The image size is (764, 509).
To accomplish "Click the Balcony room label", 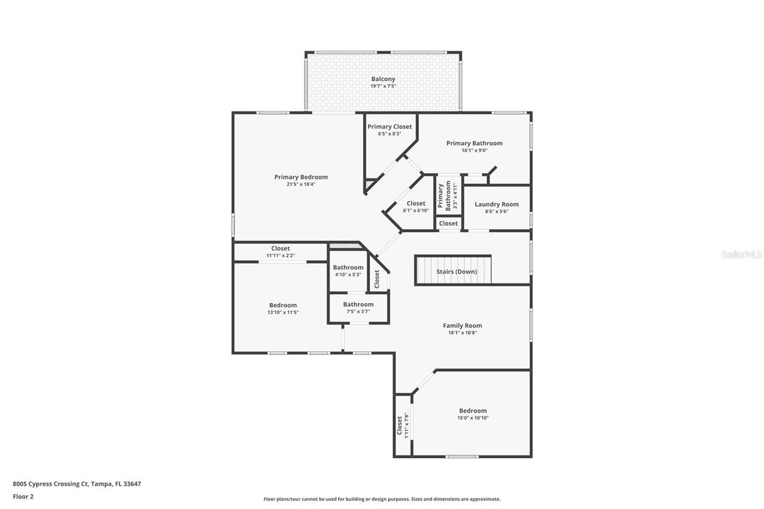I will (x=383, y=79).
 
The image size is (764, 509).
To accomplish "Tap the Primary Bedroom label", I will (x=301, y=177).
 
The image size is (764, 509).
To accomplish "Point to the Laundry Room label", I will (x=497, y=204).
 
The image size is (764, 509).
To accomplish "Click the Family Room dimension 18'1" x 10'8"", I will (x=462, y=333).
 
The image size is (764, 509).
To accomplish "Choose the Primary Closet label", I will (x=389, y=127).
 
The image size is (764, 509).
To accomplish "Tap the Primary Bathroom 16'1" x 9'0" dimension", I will (x=475, y=150).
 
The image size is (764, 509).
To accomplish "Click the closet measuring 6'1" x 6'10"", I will (x=416, y=206).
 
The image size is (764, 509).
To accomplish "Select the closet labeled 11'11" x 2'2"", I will (x=281, y=252).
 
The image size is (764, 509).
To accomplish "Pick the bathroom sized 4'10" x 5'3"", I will (x=348, y=271).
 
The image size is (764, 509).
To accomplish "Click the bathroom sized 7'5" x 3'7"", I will (x=358, y=308).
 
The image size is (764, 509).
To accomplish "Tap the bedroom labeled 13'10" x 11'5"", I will (x=283, y=309).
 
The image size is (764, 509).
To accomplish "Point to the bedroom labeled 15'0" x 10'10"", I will (x=473, y=414).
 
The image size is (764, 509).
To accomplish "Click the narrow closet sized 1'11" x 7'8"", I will (x=403, y=425).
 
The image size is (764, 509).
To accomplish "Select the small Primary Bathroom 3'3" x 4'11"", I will (x=448, y=197).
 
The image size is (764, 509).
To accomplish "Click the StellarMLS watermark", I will (x=741, y=254).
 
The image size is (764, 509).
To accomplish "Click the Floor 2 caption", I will (x=23, y=496).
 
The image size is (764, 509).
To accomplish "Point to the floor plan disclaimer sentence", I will (x=382, y=499).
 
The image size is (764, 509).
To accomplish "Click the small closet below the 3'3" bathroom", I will (x=448, y=223).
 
